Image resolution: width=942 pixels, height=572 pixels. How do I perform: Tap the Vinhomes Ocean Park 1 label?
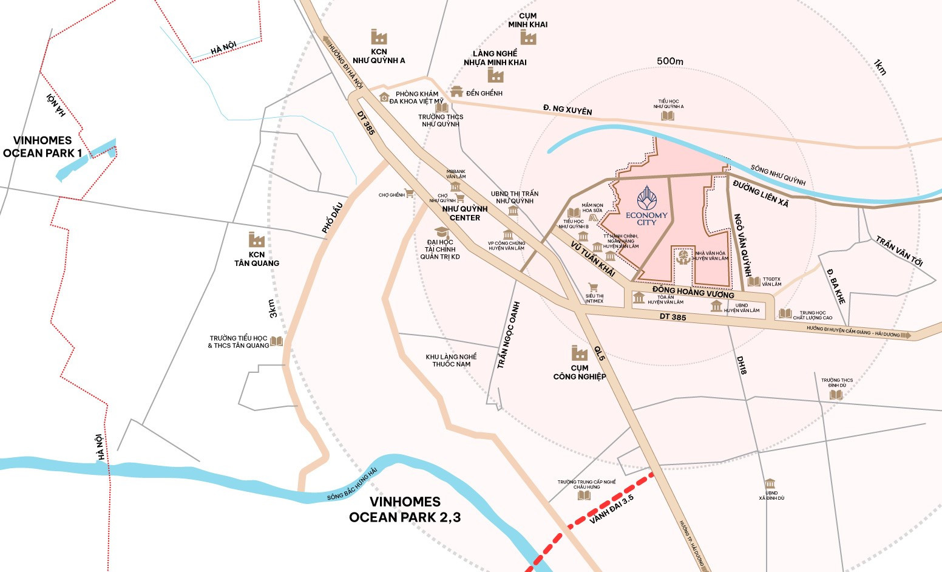pyautogui.click(x=42, y=146)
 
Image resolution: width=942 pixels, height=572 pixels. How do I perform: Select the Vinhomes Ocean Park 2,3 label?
pyautogui.click(x=404, y=509)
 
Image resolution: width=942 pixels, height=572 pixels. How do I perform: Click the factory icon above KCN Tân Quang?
pyautogui.click(x=256, y=239)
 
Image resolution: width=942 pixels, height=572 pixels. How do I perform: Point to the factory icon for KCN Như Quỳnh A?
pyautogui.click(x=379, y=36)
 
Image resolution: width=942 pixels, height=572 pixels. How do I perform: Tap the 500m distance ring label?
pyautogui.click(x=669, y=61)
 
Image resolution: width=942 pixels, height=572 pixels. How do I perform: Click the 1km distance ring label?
pyautogui.click(x=879, y=67)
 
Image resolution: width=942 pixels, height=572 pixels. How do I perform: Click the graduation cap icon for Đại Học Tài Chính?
pyautogui.click(x=441, y=232)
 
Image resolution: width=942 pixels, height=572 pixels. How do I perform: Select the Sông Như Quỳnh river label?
pyautogui.click(x=778, y=175)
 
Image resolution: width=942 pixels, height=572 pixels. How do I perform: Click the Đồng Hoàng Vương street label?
pyautogui.click(x=693, y=292)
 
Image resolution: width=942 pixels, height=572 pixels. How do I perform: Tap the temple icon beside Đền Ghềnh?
pyautogui.click(x=456, y=92)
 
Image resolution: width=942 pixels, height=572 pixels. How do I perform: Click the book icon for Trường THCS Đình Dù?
pyautogui.click(x=836, y=395)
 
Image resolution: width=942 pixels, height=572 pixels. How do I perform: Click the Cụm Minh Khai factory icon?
pyautogui.click(x=528, y=38)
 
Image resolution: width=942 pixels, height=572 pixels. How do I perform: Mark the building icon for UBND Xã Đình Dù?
pyautogui.click(x=770, y=483)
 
